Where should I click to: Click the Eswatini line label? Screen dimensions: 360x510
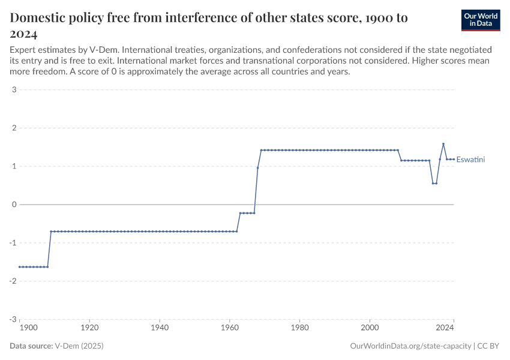coord(470,160)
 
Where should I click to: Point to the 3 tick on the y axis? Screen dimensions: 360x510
coord(13,90)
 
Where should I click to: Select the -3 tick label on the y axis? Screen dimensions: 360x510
coord(12,320)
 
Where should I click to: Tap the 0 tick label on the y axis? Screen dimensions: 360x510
coord(13,205)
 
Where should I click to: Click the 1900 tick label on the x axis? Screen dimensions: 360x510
coord(28,328)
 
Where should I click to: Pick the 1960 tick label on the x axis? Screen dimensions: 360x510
coord(229,328)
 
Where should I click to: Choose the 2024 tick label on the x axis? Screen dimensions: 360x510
coord(445,328)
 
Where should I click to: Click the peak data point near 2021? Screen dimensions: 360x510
coord(443,144)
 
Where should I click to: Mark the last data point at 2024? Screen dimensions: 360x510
coord(454,159)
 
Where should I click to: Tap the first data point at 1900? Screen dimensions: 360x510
coord(19,267)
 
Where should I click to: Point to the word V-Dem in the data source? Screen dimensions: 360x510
coord(67,346)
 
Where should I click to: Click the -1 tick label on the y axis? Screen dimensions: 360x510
coord(12,243)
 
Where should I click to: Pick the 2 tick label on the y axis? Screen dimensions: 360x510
coord(13,128)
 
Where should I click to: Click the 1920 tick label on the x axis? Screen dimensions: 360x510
coord(89,328)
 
